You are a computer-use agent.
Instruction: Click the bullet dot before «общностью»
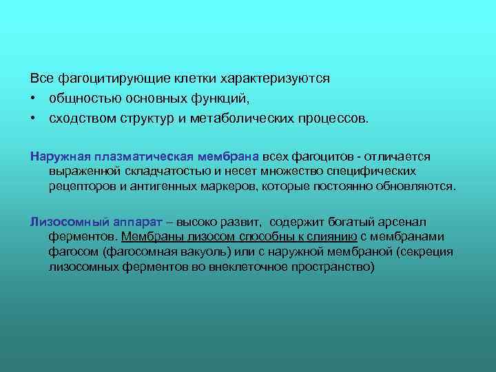33,98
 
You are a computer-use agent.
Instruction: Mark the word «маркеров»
225,185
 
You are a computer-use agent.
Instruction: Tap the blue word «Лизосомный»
63,222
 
